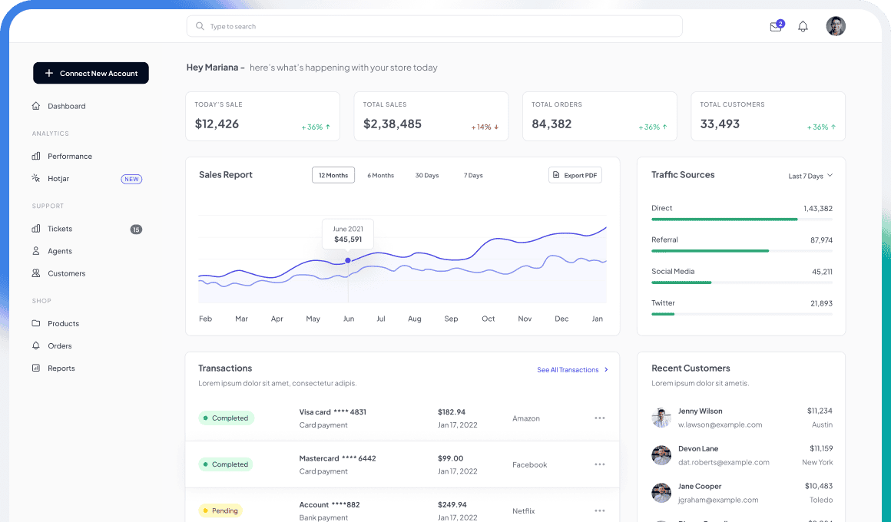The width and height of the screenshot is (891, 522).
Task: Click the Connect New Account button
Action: coord(91,73)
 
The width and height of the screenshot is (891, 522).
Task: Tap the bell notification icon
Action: coord(803,27)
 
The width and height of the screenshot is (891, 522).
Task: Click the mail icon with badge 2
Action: coord(776,27)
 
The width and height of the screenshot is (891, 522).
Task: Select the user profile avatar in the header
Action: coord(836,26)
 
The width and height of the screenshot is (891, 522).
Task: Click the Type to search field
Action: coord(434,26)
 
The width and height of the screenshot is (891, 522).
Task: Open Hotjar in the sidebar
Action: coord(58,179)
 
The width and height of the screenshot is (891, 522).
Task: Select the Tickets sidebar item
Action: coord(59,229)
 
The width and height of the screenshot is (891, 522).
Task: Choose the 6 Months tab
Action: coord(380,176)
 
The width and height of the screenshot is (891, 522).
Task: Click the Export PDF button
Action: coord(575,176)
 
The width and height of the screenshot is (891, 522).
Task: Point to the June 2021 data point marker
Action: coord(348,260)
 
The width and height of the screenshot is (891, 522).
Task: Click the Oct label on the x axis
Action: coord(488,319)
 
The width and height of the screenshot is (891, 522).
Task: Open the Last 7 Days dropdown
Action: coord(810,177)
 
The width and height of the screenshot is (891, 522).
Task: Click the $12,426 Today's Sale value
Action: coord(217,124)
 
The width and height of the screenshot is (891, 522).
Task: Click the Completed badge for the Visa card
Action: coord(226,418)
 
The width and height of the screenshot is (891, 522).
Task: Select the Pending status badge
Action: coord(220,510)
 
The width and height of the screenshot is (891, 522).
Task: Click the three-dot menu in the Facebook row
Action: coord(600,464)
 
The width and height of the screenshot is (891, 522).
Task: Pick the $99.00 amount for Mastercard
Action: coord(450,458)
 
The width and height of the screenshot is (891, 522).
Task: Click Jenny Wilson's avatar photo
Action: coord(661,418)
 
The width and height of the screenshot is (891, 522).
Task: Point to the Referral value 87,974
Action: coord(821,240)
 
